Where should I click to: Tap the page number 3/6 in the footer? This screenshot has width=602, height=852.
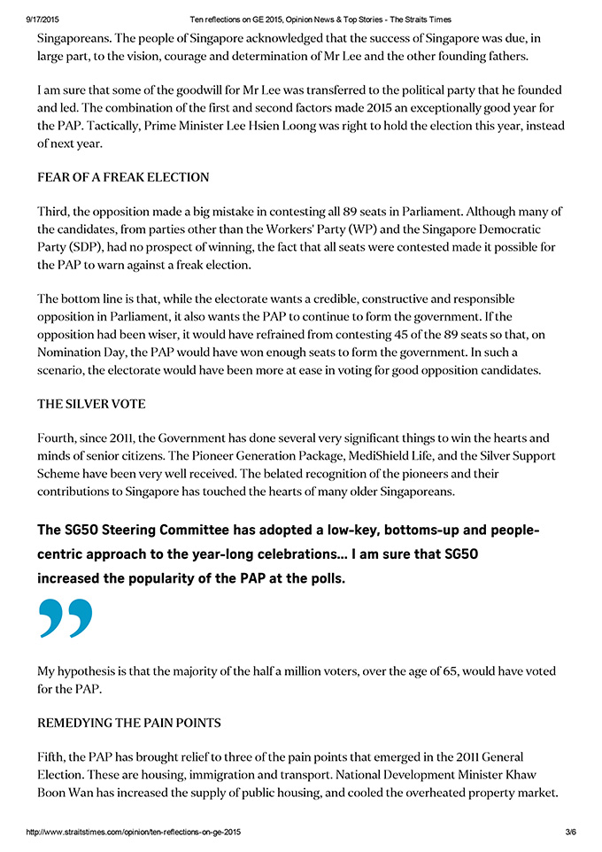click(x=570, y=833)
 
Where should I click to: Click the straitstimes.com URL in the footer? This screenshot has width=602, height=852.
click(x=134, y=833)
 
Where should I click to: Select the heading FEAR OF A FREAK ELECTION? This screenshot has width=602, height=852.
click(x=123, y=177)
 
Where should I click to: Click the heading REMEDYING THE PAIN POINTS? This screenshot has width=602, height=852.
click(x=129, y=723)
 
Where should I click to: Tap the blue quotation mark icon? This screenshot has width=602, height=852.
click(x=66, y=617)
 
